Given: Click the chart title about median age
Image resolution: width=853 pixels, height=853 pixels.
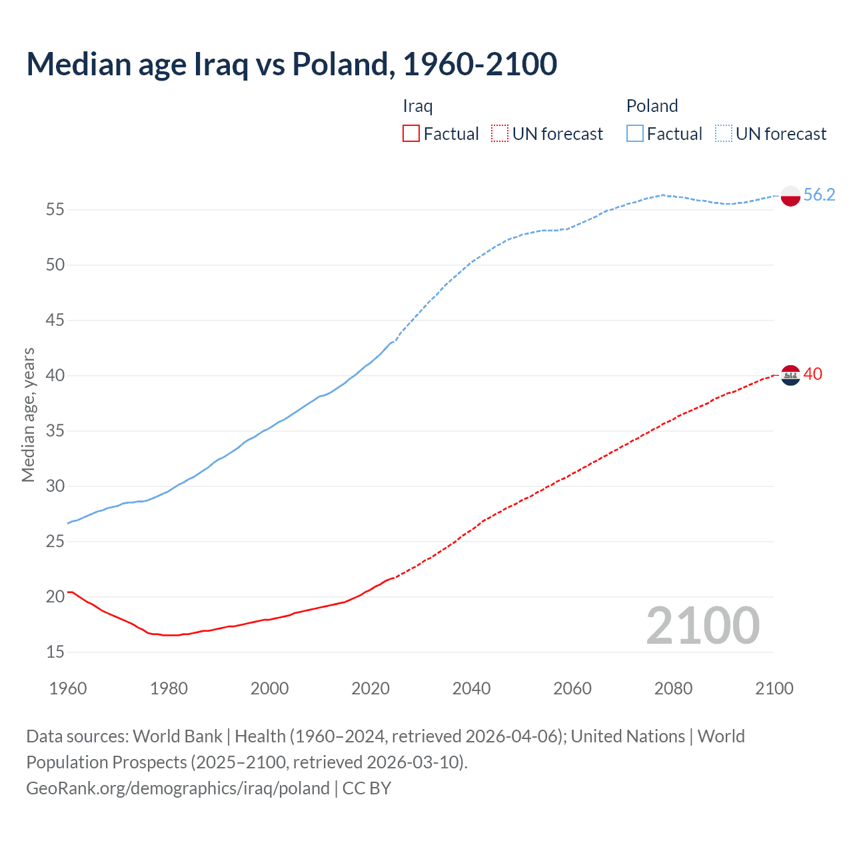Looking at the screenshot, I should click(x=291, y=64).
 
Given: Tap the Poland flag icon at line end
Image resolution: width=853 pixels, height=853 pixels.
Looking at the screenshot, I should click(x=790, y=196).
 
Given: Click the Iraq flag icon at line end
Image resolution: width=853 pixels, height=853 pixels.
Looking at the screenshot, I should click(x=790, y=376).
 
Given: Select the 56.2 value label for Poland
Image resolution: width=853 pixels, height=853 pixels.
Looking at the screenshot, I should click(x=819, y=195).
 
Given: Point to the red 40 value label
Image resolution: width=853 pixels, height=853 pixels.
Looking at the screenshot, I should click(x=812, y=374).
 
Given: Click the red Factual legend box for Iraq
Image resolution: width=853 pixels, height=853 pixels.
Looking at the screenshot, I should click(x=411, y=133).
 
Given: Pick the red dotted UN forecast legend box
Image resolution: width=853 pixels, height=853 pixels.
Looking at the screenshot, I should click(x=499, y=133).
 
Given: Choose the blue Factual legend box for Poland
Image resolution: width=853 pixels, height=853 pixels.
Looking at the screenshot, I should click(x=634, y=133).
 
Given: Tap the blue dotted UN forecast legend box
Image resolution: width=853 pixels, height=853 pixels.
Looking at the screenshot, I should click(x=723, y=133).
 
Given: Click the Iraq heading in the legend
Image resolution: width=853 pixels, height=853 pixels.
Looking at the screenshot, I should click(x=417, y=106).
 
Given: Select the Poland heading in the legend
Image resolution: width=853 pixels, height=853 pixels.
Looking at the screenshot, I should click(x=652, y=106).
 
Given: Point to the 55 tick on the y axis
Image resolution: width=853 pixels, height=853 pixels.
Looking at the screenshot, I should click(x=55, y=209).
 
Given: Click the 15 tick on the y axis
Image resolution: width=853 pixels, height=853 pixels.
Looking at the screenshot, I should click(x=55, y=652).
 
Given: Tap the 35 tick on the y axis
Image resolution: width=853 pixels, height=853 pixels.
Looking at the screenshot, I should click(x=55, y=430).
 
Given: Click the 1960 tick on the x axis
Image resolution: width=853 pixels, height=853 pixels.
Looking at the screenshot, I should click(x=68, y=688).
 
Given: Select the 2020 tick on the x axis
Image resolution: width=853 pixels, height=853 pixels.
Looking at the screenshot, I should click(x=371, y=688).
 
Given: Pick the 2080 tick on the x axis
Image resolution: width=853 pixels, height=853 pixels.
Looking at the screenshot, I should click(x=673, y=688).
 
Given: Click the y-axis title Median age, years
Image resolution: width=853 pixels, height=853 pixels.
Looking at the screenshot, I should click(x=28, y=415).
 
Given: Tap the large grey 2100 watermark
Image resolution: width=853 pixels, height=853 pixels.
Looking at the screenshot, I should click(x=702, y=626).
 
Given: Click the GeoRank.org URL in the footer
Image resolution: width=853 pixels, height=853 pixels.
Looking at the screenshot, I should click(x=178, y=788).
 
